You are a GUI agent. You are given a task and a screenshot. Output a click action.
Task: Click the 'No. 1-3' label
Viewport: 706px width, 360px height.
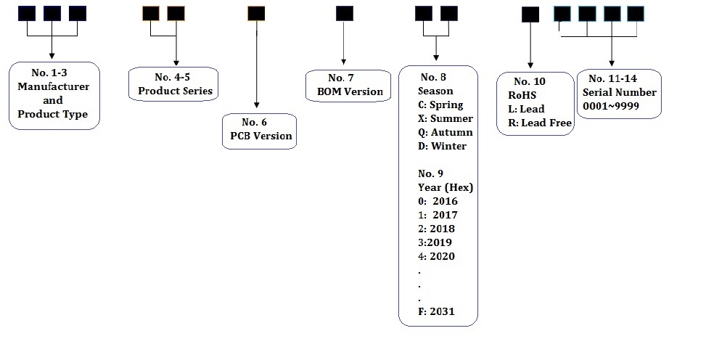[53, 73]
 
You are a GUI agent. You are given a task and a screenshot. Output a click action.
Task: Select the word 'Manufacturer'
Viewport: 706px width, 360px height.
[53, 86]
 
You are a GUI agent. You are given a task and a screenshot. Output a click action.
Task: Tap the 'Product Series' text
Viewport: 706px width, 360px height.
[175, 91]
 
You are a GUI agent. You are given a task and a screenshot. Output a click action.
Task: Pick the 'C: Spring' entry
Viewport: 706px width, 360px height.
[440, 105]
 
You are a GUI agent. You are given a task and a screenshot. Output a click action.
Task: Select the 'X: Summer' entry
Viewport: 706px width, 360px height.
[445, 118]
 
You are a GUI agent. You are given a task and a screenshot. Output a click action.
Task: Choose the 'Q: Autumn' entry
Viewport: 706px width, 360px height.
[445, 132]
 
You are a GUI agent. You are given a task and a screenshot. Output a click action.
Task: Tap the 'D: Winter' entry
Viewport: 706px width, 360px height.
[442, 146]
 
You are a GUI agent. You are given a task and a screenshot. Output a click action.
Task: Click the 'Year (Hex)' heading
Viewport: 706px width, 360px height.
[446, 187]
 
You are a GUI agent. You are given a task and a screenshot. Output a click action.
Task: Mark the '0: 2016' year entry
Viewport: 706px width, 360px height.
[438, 201]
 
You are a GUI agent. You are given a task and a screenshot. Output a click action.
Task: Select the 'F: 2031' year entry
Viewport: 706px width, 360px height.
[437, 312]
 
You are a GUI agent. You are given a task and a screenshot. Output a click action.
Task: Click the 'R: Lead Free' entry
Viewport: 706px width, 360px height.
[540, 123]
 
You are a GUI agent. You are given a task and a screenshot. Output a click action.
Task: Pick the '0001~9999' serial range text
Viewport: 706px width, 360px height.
[607, 106]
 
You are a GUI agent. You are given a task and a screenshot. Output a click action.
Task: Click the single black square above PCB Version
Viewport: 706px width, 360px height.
[256, 13]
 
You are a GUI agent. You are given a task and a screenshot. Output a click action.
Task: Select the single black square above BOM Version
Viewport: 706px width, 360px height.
[345, 13]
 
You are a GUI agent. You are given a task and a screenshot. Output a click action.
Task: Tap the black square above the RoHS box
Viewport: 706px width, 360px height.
[530, 15]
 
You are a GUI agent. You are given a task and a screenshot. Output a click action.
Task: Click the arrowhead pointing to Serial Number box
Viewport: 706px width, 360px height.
[612, 64]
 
